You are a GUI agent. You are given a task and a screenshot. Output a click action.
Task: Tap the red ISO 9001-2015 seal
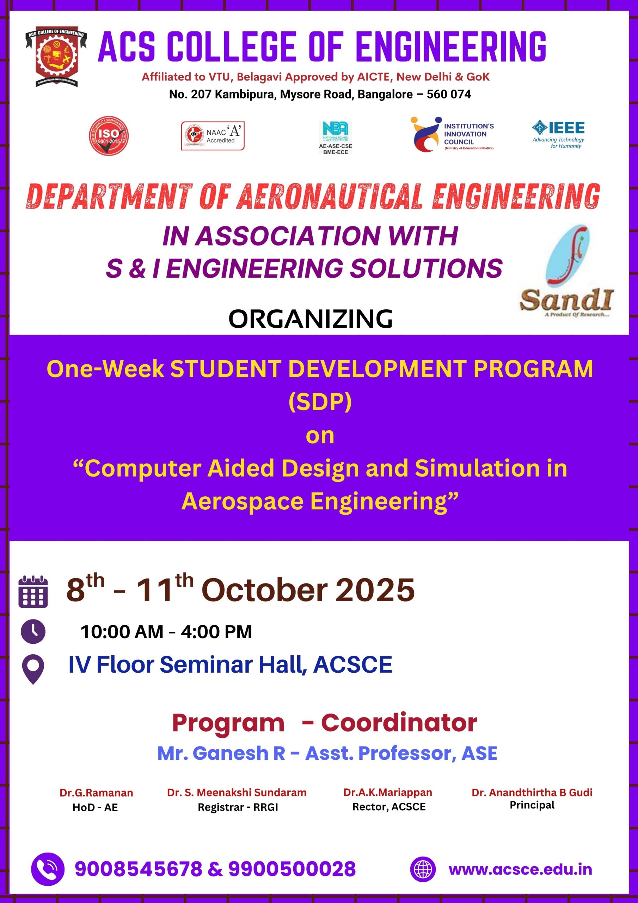point(109,136)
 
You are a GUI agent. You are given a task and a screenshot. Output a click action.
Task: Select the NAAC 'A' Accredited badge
point(213,136)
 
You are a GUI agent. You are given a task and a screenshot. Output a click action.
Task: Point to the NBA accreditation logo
point(335,138)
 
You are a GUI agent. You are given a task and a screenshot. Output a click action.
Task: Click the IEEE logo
point(558,134)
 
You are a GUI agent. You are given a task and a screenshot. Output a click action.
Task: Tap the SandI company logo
point(566,271)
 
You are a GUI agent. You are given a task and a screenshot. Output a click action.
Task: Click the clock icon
point(33,632)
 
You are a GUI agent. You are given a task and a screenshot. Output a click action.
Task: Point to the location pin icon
point(33,669)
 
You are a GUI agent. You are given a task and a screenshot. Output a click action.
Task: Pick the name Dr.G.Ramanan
point(96,793)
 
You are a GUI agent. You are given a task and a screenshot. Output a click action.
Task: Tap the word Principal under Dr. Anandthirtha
point(532,805)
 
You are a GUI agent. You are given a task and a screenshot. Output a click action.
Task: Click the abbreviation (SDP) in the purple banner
point(320,402)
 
